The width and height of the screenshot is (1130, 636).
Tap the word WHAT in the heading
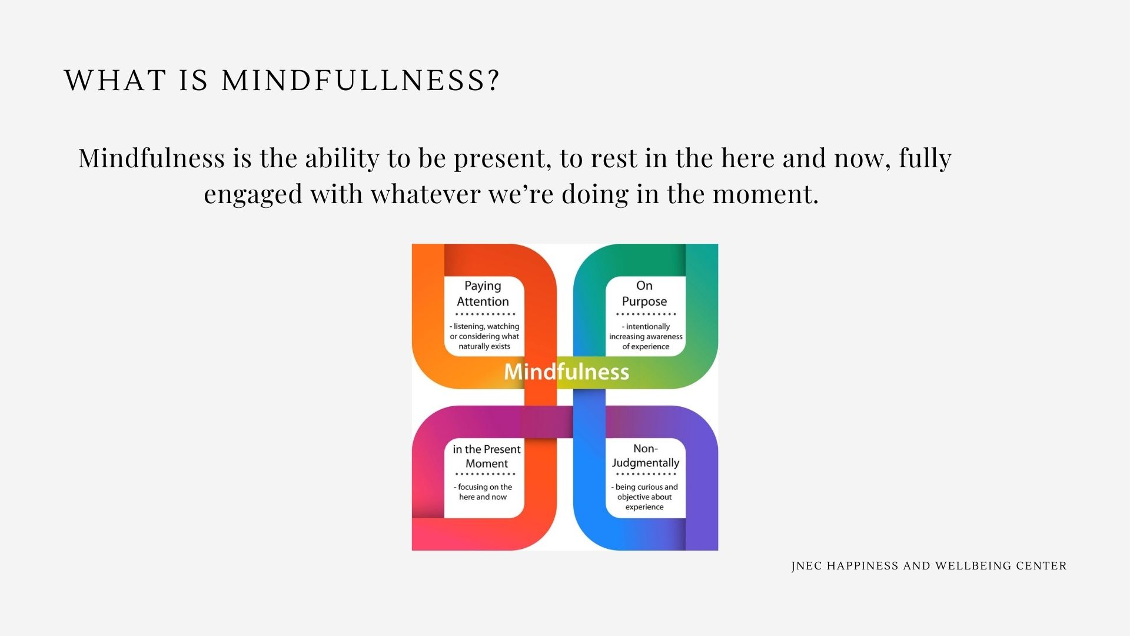(x=115, y=80)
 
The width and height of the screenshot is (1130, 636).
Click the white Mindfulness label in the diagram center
(x=566, y=372)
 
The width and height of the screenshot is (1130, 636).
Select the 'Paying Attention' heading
(x=483, y=293)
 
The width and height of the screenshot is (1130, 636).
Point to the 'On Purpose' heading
(x=644, y=293)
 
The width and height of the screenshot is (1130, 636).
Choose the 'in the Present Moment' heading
(x=487, y=456)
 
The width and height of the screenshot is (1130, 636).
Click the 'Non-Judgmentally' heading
(x=646, y=456)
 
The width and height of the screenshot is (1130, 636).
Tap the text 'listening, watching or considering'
(x=484, y=332)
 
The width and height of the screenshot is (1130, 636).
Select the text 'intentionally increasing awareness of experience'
(x=646, y=336)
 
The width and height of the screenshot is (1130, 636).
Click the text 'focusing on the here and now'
(x=483, y=492)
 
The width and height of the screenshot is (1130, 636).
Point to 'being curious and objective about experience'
(x=644, y=496)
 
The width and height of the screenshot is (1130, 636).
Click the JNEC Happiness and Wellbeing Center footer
(x=929, y=566)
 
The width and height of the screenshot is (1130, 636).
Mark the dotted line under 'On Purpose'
(x=646, y=314)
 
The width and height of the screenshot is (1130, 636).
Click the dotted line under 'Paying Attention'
(x=485, y=314)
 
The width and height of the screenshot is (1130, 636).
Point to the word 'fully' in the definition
(x=925, y=158)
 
